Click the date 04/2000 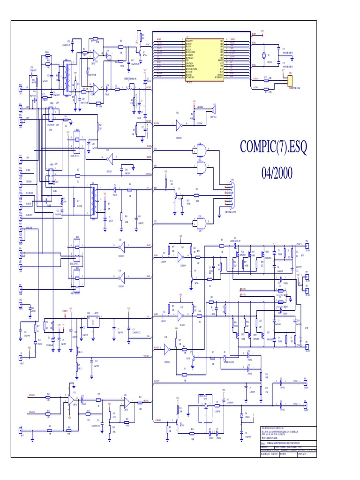[277, 173]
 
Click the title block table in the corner [288, 442]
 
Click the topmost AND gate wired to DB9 [202, 150]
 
